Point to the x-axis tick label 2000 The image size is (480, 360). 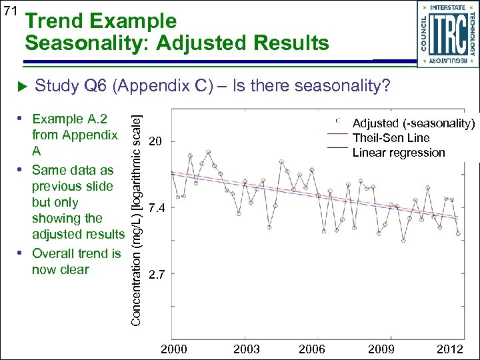[175, 349]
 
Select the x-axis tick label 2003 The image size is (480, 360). [247, 349]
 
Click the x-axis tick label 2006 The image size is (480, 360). [311, 349]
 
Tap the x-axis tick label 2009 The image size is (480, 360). [381, 349]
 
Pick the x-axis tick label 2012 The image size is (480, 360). [450, 349]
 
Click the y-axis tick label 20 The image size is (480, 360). [155, 141]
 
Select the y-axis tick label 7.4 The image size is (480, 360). [157, 209]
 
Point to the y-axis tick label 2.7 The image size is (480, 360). [157, 273]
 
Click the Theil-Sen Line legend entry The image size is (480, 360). [391, 138]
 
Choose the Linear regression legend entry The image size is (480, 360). [398, 153]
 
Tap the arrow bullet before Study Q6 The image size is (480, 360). [20, 87]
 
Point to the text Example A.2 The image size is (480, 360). [69, 119]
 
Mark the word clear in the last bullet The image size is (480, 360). [74, 269]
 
